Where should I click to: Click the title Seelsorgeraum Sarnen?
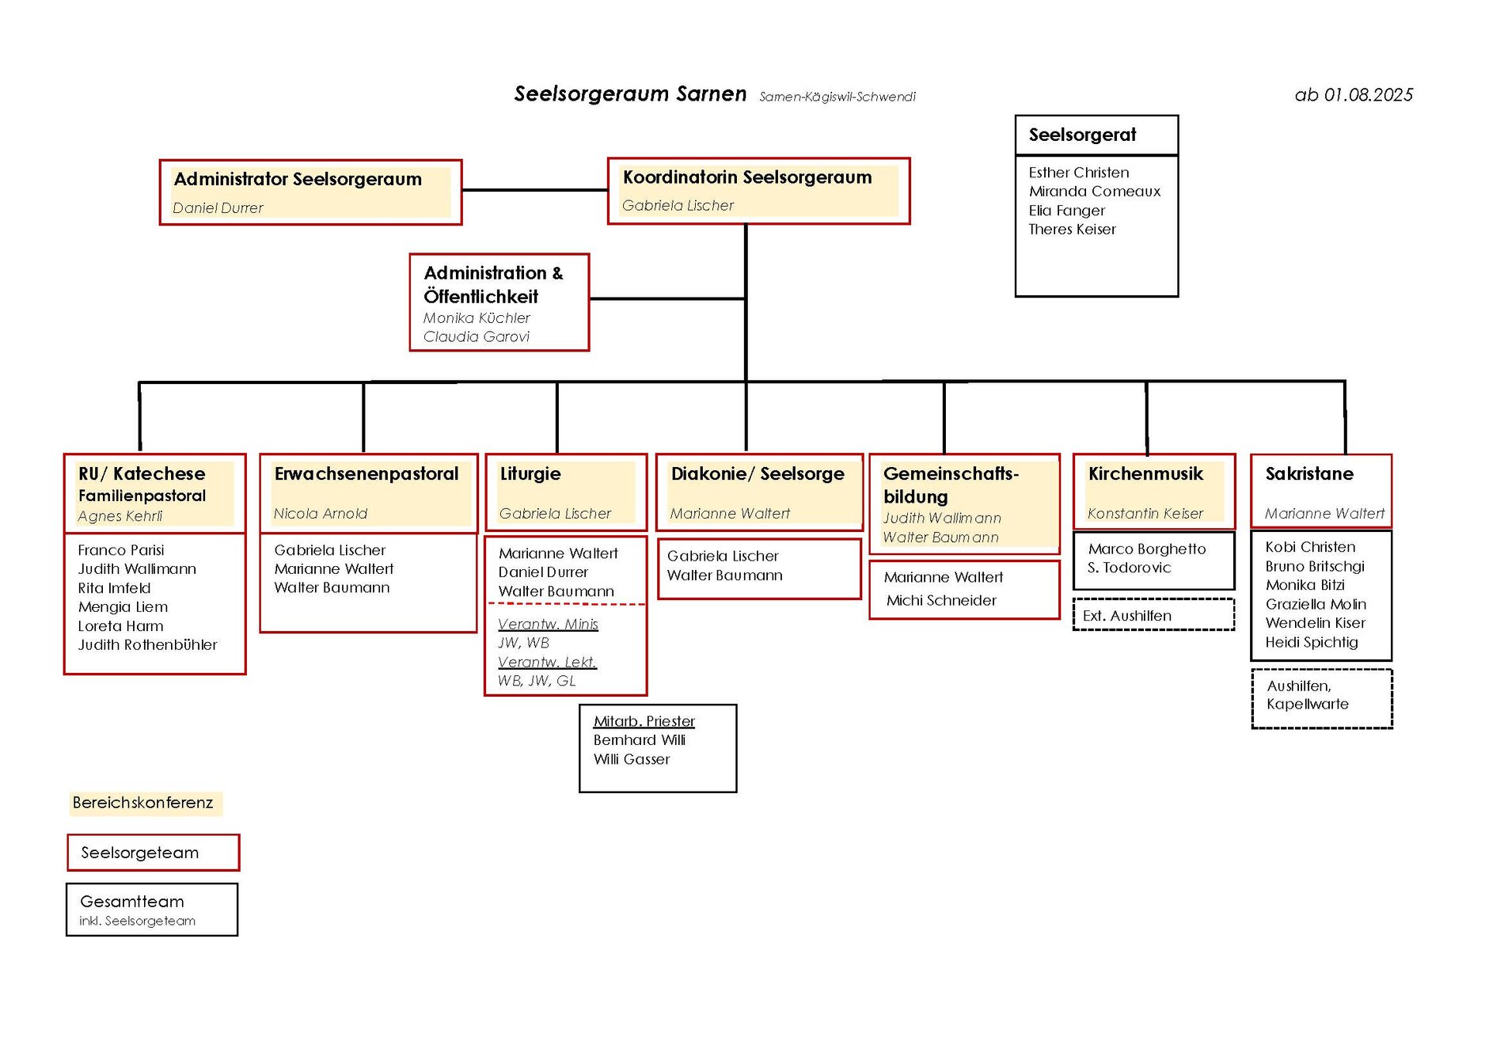tap(630, 94)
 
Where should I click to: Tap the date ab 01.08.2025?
tap(1354, 95)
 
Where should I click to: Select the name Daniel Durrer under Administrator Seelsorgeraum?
tap(218, 208)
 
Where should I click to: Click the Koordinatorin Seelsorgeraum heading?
tap(746, 177)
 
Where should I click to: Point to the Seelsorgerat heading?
tap(1082, 135)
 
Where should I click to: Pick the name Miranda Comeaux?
tap(1094, 192)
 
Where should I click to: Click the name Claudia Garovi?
tap(476, 337)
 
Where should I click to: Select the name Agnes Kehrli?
tap(120, 516)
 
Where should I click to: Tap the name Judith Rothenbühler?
tap(147, 645)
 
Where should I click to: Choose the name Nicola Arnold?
tap(320, 514)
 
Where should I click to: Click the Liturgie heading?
tap(530, 474)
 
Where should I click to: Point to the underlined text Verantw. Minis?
tap(548, 625)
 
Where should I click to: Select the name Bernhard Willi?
tap(639, 740)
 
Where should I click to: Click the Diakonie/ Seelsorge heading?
tap(758, 474)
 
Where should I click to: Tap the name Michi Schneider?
tap(941, 601)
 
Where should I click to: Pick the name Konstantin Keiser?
tap(1145, 514)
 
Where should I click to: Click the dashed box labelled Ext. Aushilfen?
tap(1153, 616)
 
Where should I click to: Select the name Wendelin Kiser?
tap(1315, 623)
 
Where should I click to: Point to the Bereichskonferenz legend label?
tap(143, 803)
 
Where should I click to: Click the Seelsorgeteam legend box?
tap(153, 853)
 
